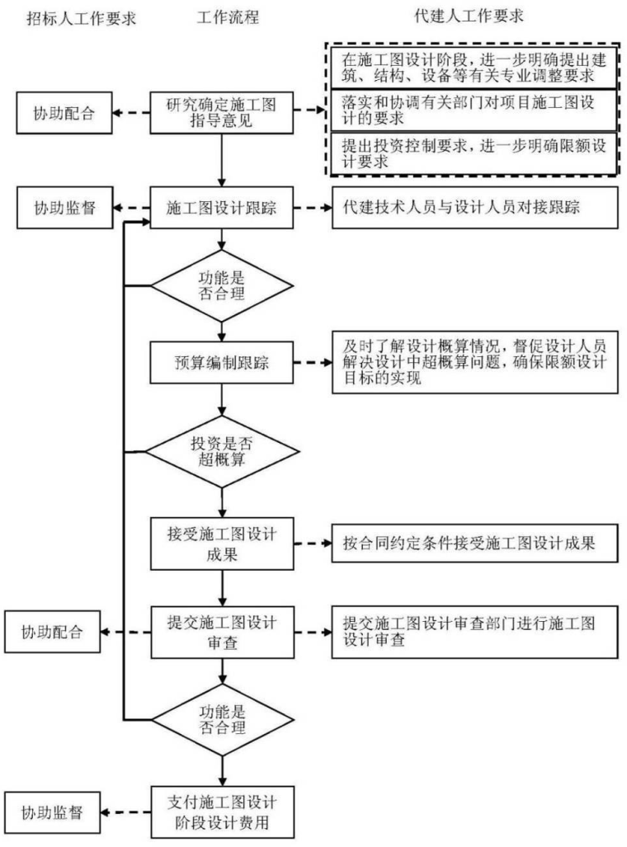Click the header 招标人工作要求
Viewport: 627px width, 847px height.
[x=81, y=17]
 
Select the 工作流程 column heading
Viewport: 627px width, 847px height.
[x=228, y=17]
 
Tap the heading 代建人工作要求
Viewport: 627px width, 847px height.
[x=469, y=16]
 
